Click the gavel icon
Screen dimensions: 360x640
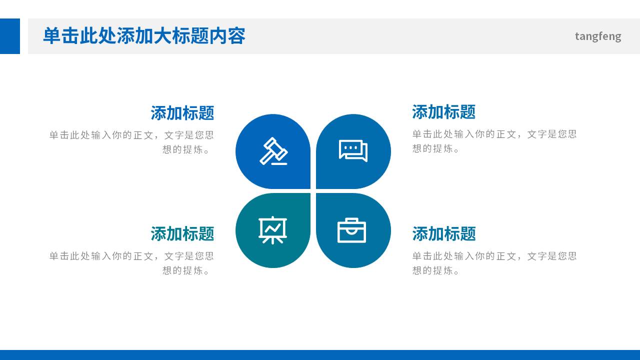point(273,150)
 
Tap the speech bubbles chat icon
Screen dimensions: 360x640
point(353,150)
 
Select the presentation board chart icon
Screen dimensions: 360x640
point(272,230)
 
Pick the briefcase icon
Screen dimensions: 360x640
point(352,230)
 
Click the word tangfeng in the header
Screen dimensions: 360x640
point(598,36)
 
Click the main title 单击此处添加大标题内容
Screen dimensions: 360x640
point(144,36)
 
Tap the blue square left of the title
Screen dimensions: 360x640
point(10,36)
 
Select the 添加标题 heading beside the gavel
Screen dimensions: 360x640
point(182,113)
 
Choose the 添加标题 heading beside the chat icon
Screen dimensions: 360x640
point(443,112)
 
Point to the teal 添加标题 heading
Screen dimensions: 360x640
point(182,233)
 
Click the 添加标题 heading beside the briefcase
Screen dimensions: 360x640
point(443,233)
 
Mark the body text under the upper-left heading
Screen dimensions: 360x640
point(131,142)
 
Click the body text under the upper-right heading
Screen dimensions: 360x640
point(494,141)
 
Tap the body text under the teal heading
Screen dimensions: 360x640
point(131,263)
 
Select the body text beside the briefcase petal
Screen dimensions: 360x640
point(494,263)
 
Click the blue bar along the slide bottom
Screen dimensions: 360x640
point(320,355)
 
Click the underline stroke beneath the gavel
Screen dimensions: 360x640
point(280,163)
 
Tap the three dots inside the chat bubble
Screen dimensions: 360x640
point(351,147)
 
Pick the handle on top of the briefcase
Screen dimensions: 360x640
point(352,220)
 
